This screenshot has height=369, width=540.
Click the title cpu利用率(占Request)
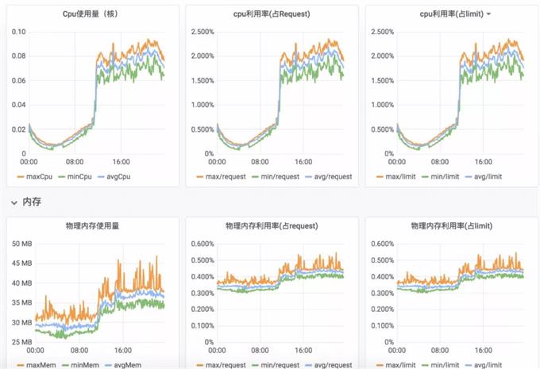point(271,14)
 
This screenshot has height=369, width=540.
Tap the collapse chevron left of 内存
point(13,203)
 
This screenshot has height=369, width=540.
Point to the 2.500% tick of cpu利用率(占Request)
point(201,32)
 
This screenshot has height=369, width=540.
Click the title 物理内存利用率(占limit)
point(450,226)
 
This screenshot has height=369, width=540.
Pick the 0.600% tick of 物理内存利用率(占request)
point(201,244)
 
